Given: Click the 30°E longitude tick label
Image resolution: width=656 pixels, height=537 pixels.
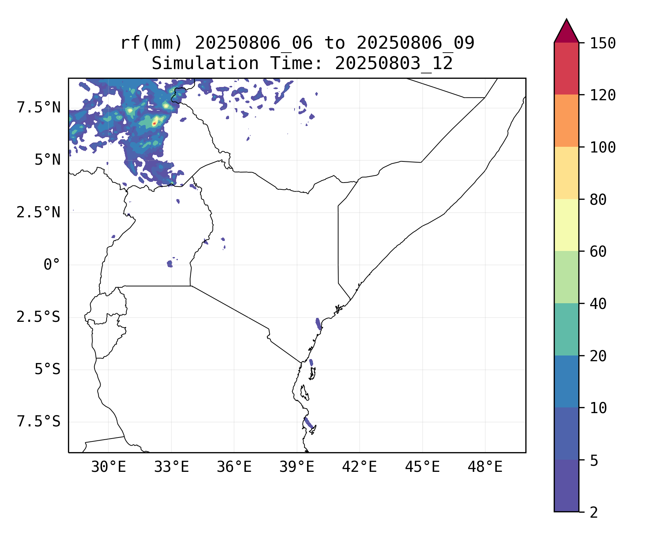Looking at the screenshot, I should pyautogui.click(x=108, y=467).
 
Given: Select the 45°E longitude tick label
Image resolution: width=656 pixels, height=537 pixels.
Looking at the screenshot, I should pyautogui.click(x=422, y=467).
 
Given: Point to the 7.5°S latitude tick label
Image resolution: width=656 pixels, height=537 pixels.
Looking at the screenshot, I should pyautogui.click(x=39, y=422).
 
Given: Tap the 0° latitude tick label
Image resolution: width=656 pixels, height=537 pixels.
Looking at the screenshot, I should pyautogui.click(x=52, y=265).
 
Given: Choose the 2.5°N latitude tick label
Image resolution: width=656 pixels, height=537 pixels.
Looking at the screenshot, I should pyautogui.click(x=39, y=212).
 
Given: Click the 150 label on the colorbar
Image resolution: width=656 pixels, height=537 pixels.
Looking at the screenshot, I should pyautogui.click(x=603, y=43).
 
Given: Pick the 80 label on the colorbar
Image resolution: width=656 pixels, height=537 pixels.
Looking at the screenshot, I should pyautogui.click(x=598, y=200).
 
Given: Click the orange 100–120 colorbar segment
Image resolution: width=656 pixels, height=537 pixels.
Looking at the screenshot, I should pyautogui.click(x=566, y=121).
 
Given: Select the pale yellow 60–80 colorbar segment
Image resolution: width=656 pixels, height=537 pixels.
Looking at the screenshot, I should pyautogui.click(x=566, y=225).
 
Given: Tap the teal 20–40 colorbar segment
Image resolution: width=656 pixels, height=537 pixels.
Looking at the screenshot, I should pyautogui.click(x=566, y=329).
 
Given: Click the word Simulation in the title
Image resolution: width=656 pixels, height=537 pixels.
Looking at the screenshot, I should pyautogui.click(x=205, y=63).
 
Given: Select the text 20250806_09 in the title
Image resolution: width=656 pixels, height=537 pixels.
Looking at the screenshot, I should pyautogui.click(x=415, y=43).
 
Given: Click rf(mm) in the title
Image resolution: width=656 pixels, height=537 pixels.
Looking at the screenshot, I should pyautogui.click(x=151, y=43).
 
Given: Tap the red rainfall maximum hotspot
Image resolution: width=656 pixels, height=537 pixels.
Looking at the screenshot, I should pyautogui.click(x=154, y=123).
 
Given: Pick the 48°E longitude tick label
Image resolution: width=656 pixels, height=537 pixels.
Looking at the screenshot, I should pyautogui.click(x=485, y=467).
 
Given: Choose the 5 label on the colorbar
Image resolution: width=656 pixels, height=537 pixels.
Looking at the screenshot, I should pyautogui.click(x=594, y=461).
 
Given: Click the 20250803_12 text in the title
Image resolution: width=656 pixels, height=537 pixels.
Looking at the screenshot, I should pyautogui.click(x=394, y=63).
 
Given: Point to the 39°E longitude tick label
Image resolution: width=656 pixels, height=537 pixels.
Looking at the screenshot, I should pyautogui.click(x=297, y=467).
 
